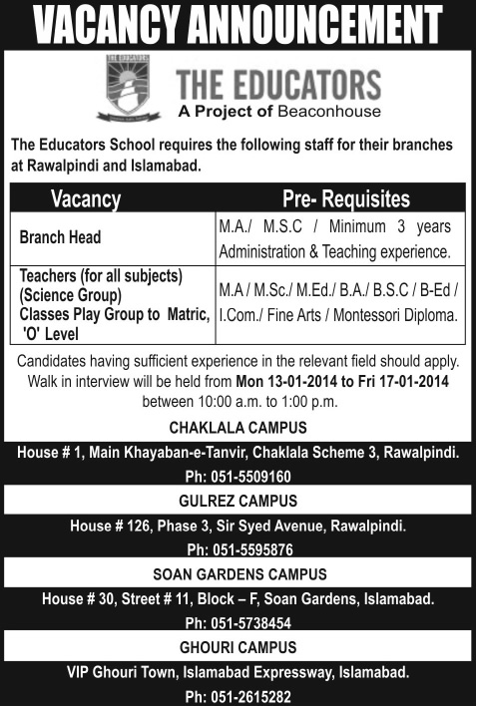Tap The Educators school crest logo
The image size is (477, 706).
tap(129, 87)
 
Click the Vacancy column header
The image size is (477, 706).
tap(86, 198)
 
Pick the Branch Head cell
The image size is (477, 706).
tap(63, 239)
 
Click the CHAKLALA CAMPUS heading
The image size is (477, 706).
tap(238, 429)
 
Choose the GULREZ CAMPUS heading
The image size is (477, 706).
tap(238, 502)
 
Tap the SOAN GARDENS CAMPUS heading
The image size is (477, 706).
tap(238, 574)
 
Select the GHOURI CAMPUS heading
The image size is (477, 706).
tap(238, 647)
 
